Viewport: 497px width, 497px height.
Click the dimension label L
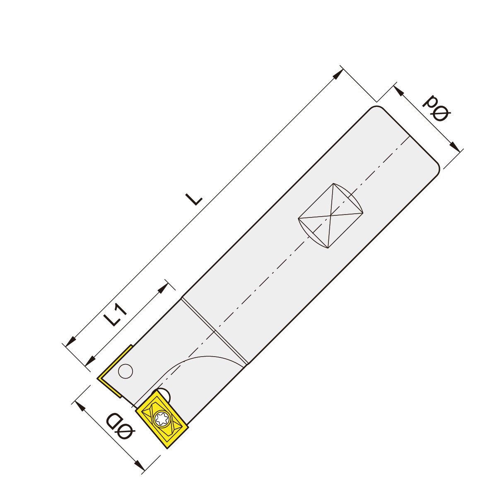194,199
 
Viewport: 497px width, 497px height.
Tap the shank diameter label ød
436,109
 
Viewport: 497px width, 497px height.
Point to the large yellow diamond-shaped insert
162,420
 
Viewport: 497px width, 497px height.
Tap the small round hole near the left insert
125,371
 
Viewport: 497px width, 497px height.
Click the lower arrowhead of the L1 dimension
90,360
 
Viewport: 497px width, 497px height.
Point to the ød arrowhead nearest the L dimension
398,91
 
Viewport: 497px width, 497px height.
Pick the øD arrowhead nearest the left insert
81,407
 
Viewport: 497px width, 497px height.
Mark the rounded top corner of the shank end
375,108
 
